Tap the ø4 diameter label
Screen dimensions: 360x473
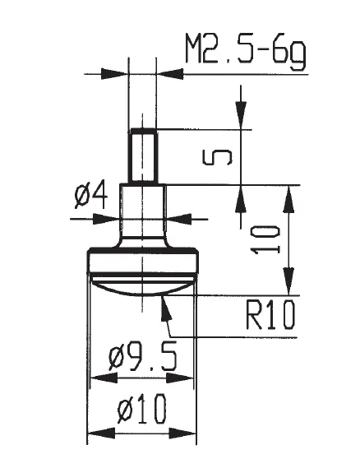[90, 196]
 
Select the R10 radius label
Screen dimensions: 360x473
[270, 315]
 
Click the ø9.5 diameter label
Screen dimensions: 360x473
[143, 358]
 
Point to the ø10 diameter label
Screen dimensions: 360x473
[141, 409]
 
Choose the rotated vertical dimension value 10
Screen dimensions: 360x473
[266, 240]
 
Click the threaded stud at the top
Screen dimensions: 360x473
[143, 155]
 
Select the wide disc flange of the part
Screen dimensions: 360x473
[143, 262]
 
